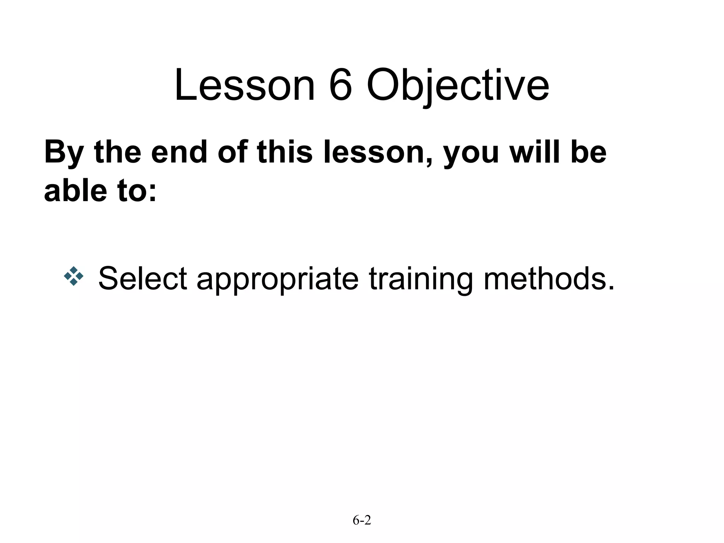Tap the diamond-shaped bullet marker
(74, 276)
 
